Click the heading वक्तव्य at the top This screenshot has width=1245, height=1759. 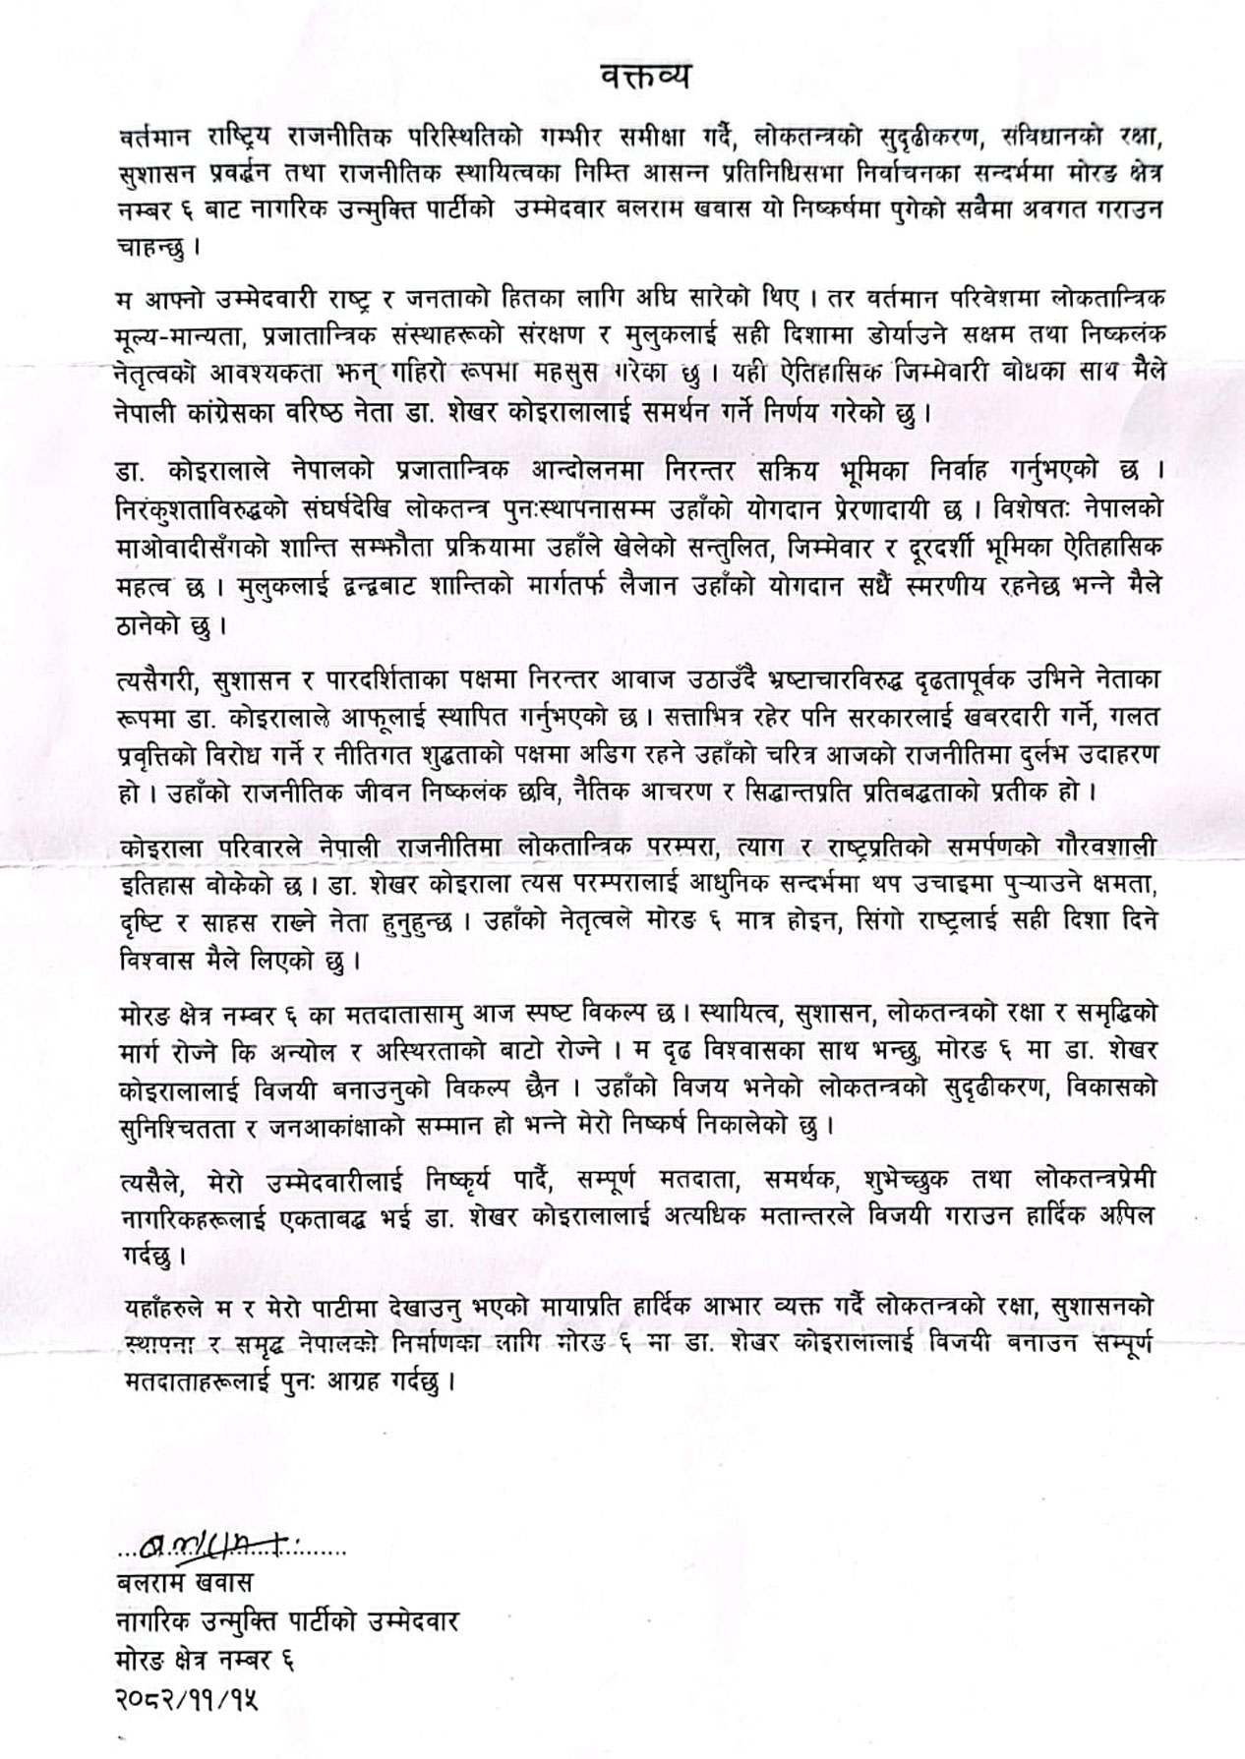click(x=644, y=75)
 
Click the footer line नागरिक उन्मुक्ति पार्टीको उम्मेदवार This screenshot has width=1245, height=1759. click(x=286, y=1622)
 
